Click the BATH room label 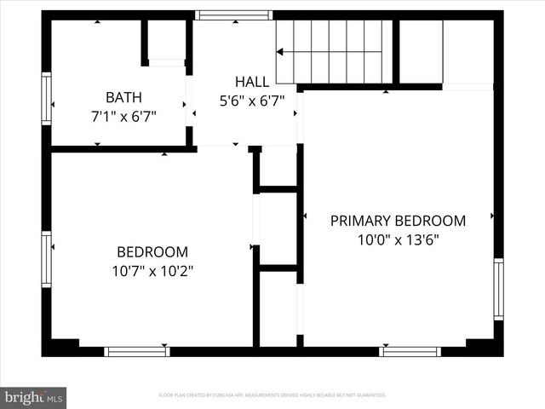click(123, 97)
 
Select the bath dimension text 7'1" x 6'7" click(123, 115)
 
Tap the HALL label click(252, 82)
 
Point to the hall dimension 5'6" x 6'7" click(252, 100)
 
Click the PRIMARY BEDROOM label click(398, 221)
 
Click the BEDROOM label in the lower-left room click(152, 252)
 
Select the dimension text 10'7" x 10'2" click(152, 271)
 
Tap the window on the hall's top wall click(232, 15)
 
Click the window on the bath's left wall click(47, 99)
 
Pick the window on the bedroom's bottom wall click(136, 351)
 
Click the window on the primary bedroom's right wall click(498, 290)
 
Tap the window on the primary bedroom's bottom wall click(410, 351)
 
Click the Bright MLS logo click(34, 397)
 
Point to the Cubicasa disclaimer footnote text click(272, 395)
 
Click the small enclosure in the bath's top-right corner click(167, 40)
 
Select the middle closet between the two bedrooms click(278, 228)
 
